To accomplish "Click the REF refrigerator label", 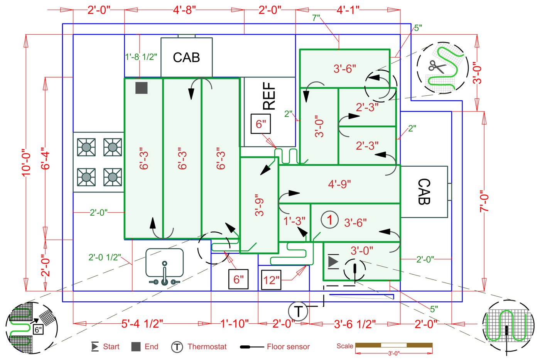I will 269,96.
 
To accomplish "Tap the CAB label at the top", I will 186,57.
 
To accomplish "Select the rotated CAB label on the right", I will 424,191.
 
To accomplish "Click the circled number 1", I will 329,220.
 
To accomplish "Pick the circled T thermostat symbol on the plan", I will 299,311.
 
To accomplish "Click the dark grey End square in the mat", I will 142,88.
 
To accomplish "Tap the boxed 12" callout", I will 271,280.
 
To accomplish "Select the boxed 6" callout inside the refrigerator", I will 261,124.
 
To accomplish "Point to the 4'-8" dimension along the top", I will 184,10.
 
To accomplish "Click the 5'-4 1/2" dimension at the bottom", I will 142,324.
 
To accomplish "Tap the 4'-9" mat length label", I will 339,184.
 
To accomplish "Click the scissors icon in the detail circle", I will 437,67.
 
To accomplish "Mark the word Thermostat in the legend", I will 207,346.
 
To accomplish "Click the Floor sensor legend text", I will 288,346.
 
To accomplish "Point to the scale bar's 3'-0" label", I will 393,353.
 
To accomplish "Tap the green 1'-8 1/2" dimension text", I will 141,57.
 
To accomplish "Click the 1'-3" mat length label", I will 294,221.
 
